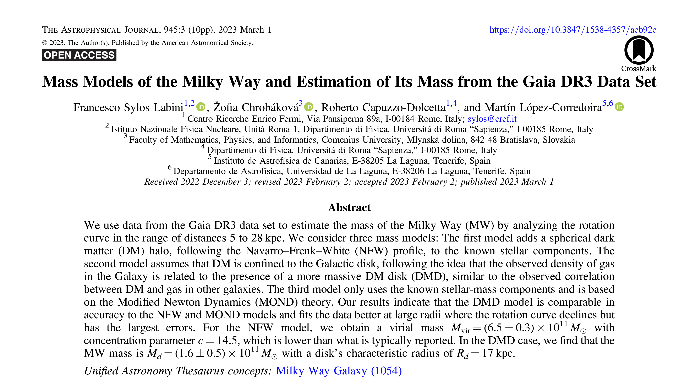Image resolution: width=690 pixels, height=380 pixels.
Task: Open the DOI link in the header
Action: click(573, 29)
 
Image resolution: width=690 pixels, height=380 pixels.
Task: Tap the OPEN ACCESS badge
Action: click(79, 55)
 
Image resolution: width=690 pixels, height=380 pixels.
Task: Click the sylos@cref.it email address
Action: click(492, 119)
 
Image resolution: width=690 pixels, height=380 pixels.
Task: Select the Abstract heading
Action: click(349, 207)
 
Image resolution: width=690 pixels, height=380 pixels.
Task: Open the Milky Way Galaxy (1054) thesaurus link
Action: click(339, 371)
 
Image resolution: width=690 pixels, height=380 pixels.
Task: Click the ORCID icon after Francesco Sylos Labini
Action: click(201, 107)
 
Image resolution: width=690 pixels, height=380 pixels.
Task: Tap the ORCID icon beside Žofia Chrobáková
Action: click(309, 107)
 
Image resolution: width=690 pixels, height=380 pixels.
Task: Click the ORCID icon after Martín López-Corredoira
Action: click(619, 107)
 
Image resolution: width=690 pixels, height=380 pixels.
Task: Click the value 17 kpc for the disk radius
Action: click(498, 353)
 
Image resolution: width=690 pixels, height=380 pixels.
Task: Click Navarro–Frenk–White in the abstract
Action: click(298, 251)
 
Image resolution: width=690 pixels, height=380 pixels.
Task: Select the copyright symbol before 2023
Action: click(44, 43)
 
